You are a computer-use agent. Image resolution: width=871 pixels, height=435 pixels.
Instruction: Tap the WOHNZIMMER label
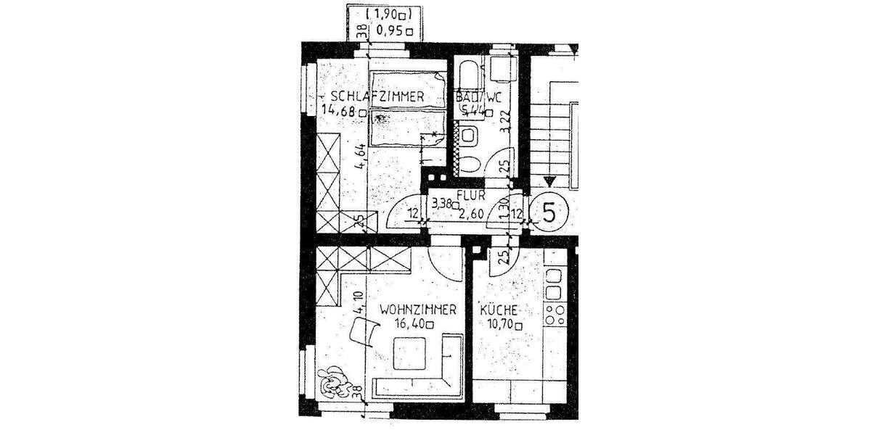coord(417,310)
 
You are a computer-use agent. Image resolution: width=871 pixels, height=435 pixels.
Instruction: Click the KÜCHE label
coord(499,310)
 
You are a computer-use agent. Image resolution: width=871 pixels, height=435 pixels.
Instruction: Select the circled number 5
coord(549,213)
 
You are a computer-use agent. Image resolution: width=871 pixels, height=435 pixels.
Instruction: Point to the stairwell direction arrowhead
coord(549,182)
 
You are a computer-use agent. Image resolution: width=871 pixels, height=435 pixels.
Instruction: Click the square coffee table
coord(410,356)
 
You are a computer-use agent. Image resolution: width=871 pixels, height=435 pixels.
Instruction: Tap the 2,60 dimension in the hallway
coord(473,212)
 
